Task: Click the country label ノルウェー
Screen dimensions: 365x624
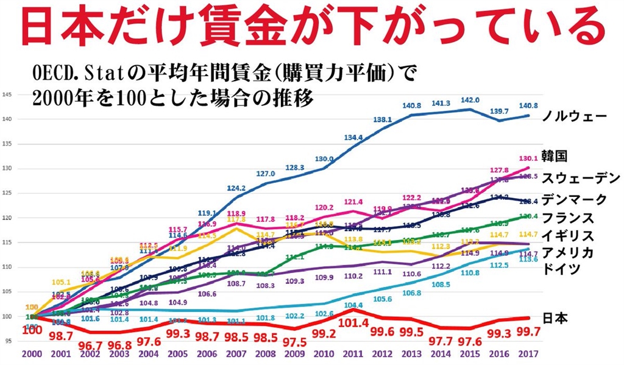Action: [573, 115]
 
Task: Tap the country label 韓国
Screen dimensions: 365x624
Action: [554, 156]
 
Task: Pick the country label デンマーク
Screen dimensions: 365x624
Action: [573, 199]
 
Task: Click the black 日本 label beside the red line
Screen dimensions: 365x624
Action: [554, 317]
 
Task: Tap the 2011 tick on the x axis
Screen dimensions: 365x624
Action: [354, 353]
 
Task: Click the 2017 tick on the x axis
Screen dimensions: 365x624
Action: [526, 353]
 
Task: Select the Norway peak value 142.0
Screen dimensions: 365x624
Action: [470, 101]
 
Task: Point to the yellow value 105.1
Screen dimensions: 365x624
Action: [61, 282]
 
